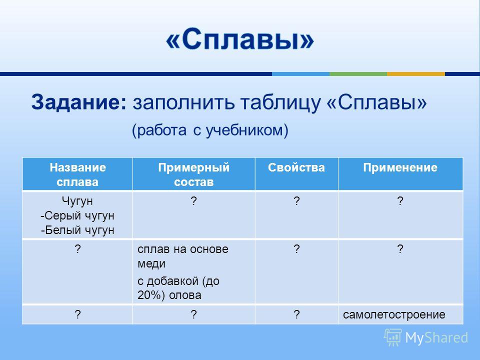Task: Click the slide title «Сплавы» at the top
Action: [240, 39]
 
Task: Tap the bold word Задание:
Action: [78, 102]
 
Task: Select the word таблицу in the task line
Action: [280, 102]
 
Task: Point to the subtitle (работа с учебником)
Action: [210, 130]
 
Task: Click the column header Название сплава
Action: [77, 174]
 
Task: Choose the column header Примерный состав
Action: [194, 174]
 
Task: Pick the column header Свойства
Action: [296, 167]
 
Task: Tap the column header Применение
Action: [400, 167]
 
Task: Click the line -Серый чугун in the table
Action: [77, 215]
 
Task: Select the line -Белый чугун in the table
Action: [77, 230]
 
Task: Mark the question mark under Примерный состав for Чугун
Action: [193, 201]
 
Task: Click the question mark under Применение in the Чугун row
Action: [400, 201]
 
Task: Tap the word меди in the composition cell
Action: [151, 263]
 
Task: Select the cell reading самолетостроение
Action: [394, 314]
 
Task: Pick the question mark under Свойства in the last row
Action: [296, 314]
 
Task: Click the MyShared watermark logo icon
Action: [393, 337]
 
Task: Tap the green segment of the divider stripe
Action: [358, 74]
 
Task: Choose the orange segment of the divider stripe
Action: [416, 74]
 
